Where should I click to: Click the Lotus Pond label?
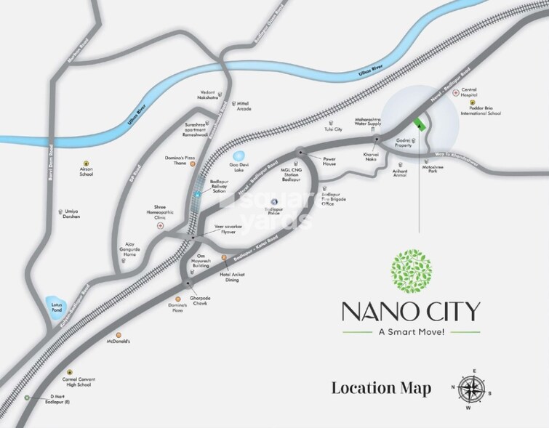pos(55,308)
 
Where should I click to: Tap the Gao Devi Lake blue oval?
pos(238,156)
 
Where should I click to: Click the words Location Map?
pos(381,387)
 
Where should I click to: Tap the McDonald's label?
pos(118,342)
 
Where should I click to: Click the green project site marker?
pos(418,124)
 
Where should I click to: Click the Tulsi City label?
pos(334,129)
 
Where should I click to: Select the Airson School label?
pos(87,172)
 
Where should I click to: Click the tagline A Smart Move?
pos(412,332)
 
